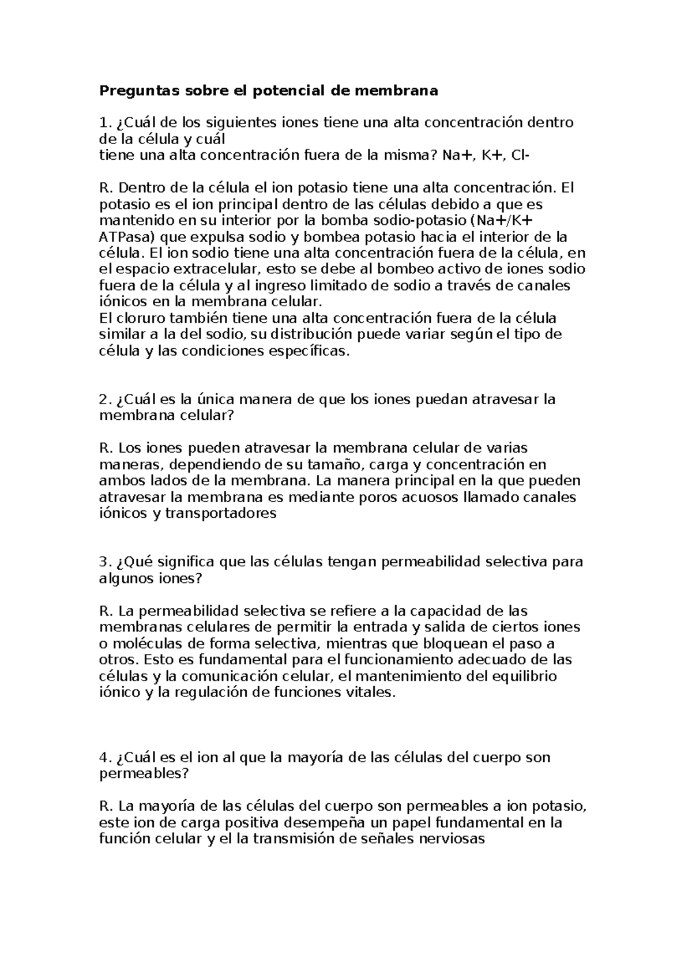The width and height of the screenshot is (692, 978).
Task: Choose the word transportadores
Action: point(221,513)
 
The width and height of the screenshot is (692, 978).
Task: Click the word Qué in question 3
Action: point(134,562)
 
